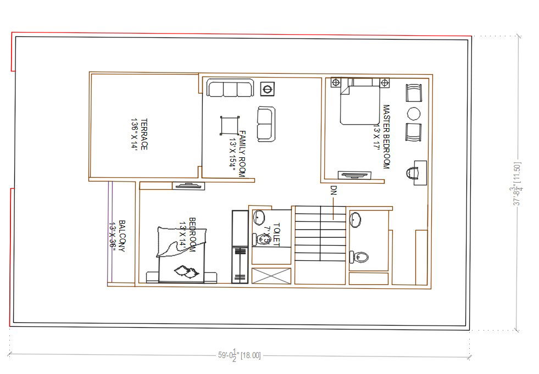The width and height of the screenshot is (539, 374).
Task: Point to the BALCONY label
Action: coord(118,236)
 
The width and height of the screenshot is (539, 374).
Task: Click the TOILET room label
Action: coord(272,233)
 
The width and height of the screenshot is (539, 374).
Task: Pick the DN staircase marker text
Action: coord(333,191)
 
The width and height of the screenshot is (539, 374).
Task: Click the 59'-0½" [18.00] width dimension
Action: coord(240,355)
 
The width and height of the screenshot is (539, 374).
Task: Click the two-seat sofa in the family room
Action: coord(266,124)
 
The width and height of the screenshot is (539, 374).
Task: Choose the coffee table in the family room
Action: coord(230,125)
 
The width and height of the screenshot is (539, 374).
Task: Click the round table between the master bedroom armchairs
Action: coord(413,114)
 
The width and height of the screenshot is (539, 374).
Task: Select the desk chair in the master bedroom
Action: coord(412,173)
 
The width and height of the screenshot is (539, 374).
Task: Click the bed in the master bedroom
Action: coord(359,102)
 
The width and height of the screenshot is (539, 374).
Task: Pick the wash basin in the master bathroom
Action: coord(355,219)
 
